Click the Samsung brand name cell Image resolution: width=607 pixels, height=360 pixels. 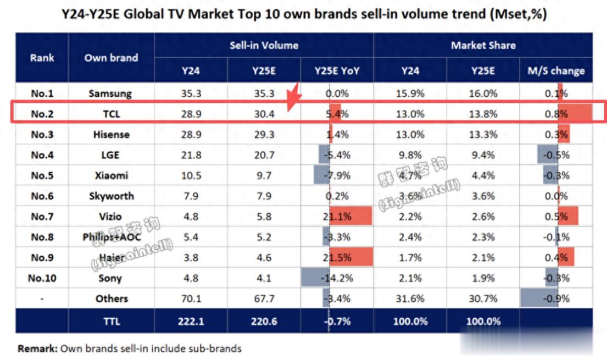(110, 93)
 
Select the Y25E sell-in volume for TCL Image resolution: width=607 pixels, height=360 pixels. (264, 114)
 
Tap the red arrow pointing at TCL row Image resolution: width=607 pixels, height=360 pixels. (294, 97)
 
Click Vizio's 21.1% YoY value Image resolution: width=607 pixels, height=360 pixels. (337, 217)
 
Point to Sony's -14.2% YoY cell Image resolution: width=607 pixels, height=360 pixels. (337, 278)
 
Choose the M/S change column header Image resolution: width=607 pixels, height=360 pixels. (556, 71)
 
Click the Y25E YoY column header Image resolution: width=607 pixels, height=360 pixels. (337, 71)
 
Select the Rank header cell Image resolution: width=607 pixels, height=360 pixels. (42, 58)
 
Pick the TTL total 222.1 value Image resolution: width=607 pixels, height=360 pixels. (191, 322)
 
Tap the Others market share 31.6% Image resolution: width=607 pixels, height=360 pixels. (410, 299)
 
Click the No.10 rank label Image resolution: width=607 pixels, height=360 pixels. (42, 278)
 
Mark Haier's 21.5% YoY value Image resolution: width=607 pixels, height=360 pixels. (337, 258)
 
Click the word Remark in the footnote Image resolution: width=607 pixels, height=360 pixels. (37, 348)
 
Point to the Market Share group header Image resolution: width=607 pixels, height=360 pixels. (483, 46)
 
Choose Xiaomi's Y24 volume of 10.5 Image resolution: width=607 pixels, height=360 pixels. (191, 176)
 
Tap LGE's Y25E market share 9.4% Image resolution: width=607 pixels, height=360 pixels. (483, 155)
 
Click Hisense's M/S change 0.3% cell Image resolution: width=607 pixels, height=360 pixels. (556, 135)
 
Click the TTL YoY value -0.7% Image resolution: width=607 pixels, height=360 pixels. (337, 322)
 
